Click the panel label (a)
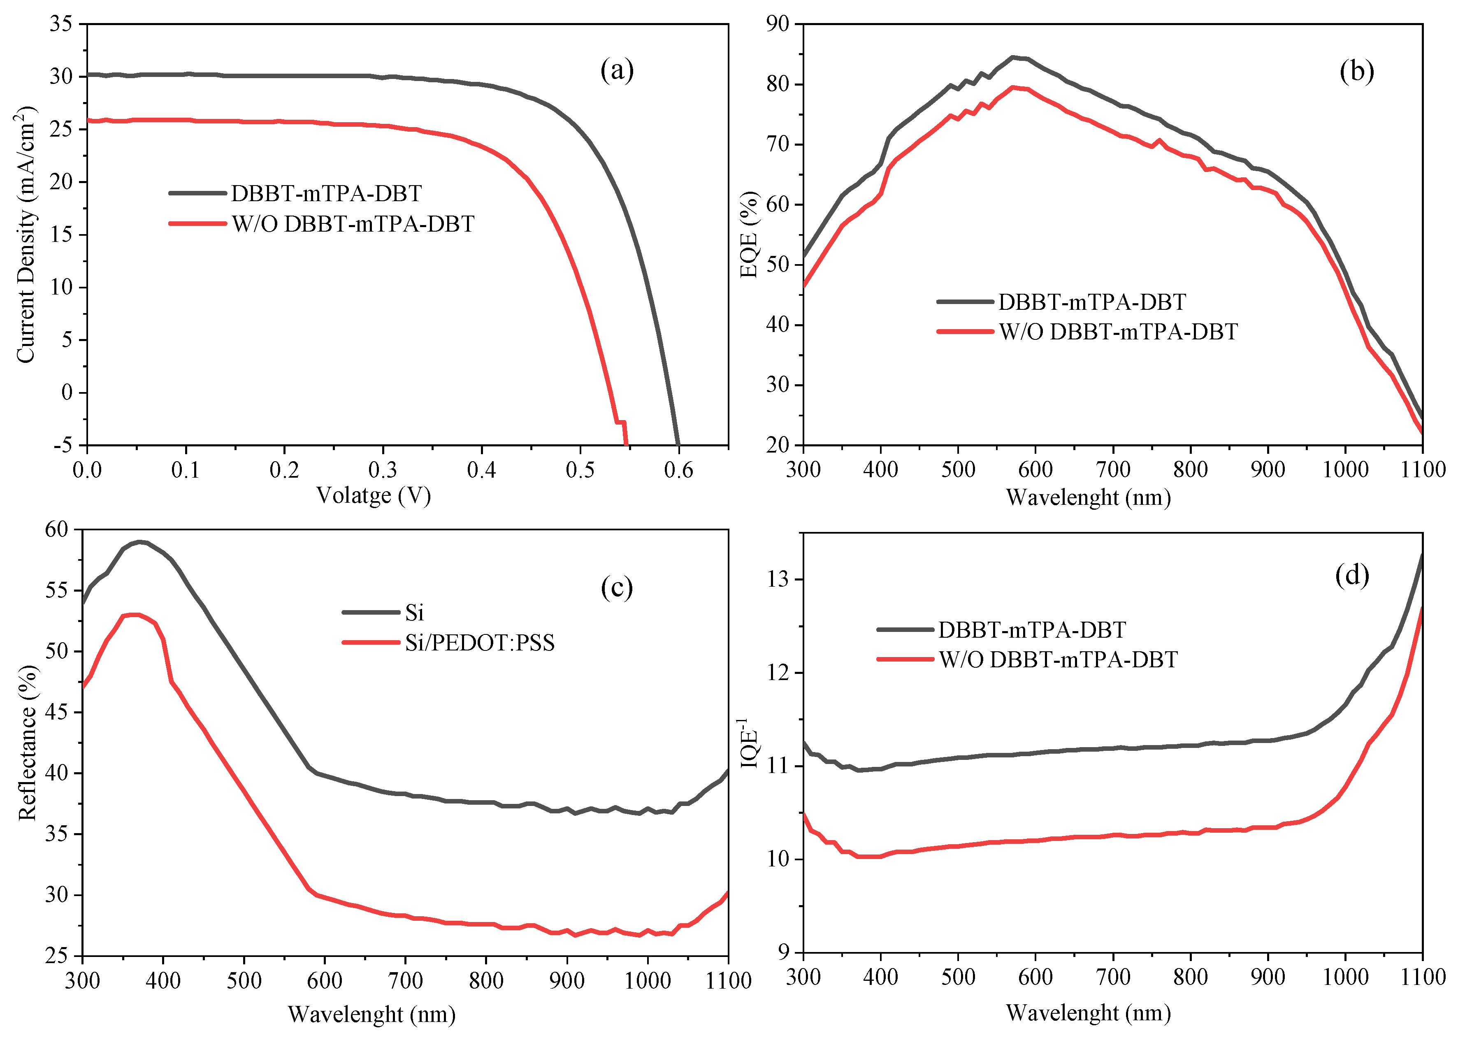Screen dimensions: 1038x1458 [616, 71]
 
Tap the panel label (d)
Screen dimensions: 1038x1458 [1351, 575]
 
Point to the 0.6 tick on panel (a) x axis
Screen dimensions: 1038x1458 [678, 470]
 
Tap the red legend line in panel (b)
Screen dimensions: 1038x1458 [965, 331]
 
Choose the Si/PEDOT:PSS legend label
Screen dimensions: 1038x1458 [479, 642]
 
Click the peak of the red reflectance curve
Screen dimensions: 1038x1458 [134, 615]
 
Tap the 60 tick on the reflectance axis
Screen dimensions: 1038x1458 [56, 529]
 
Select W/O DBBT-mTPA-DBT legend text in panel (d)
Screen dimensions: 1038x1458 [1058, 659]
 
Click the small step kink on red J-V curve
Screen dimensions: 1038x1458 [620, 422]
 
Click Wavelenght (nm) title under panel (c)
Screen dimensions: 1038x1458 [371, 1015]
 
